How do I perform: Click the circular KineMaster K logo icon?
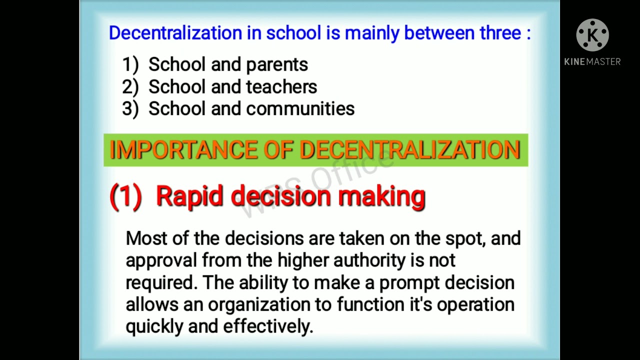click(x=592, y=35)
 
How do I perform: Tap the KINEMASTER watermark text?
click(x=592, y=61)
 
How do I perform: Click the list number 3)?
click(x=130, y=109)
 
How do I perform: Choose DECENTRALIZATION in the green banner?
click(x=410, y=150)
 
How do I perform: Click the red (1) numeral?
click(x=125, y=196)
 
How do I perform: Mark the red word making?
click(x=381, y=196)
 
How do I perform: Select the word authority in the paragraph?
click(x=369, y=260)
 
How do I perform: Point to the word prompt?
click(x=410, y=283)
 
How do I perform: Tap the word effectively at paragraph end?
click(x=267, y=326)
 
